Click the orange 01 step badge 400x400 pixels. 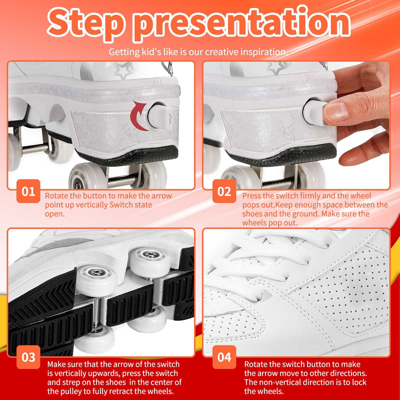pos(28,191)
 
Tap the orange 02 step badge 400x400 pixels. pos(224,191)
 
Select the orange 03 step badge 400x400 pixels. pos(28,357)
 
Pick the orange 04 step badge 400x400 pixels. pos(224,357)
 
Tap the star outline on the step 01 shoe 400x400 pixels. pos(123,73)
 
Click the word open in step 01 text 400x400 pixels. pos(54,214)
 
